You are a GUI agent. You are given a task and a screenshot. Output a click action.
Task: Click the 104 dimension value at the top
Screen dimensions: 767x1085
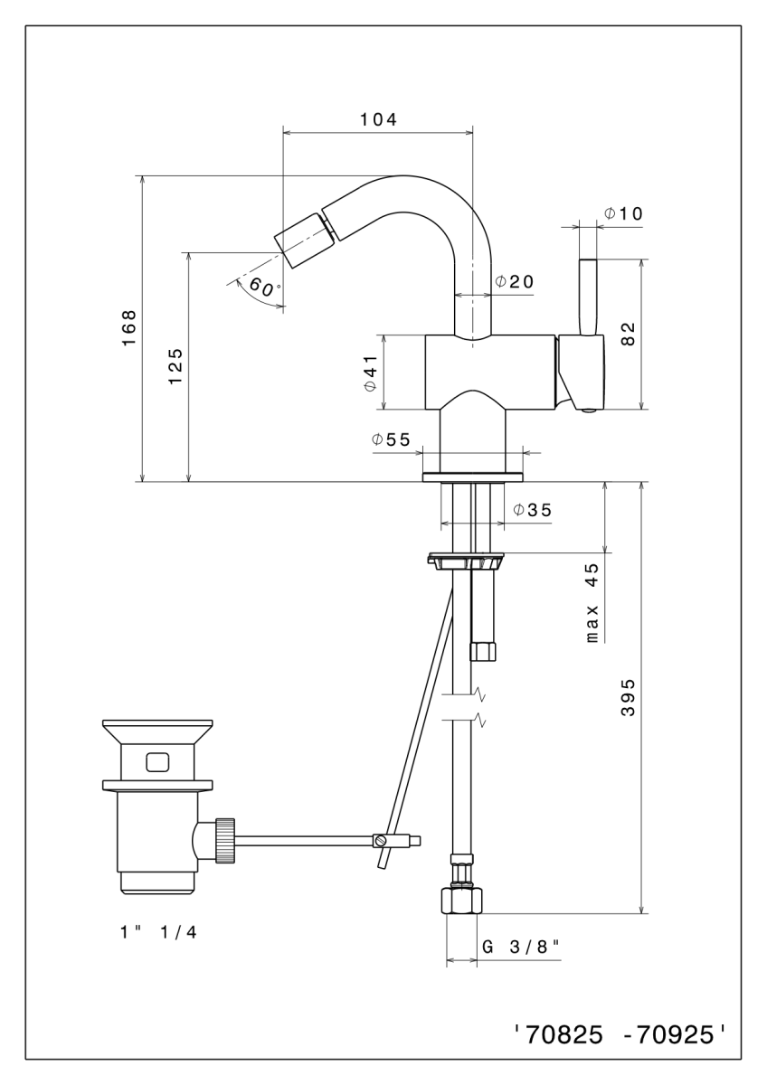(x=378, y=119)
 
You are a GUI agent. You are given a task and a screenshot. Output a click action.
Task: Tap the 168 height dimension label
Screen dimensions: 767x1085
(x=129, y=328)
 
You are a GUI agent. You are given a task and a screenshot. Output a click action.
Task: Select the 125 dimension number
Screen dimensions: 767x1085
(x=175, y=366)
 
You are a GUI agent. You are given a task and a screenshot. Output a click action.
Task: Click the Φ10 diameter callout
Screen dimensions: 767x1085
(x=623, y=213)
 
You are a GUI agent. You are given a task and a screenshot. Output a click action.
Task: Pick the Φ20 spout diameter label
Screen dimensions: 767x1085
(x=514, y=281)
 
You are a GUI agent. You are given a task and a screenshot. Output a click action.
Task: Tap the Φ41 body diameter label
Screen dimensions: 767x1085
(x=371, y=373)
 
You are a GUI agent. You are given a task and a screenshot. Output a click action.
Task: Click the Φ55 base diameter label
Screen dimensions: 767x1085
(x=391, y=439)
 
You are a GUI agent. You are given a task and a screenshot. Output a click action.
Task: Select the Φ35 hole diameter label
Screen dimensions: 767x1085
(x=533, y=510)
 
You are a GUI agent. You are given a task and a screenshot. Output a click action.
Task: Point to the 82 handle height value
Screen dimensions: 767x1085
(x=628, y=334)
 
